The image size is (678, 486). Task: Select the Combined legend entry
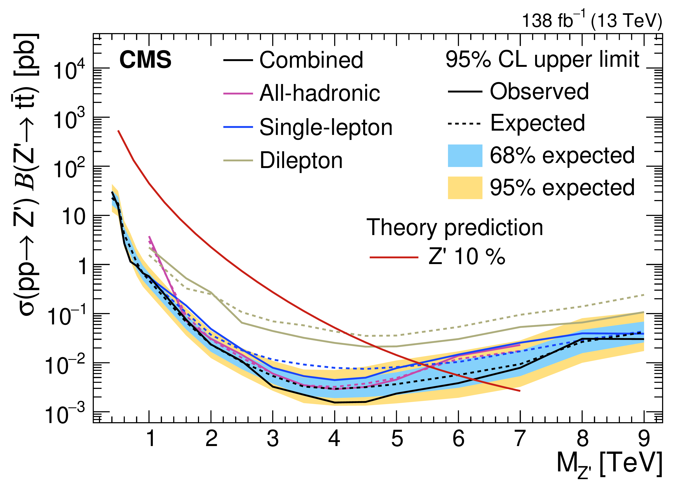[x=311, y=60]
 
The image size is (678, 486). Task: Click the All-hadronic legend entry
[x=319, y=93]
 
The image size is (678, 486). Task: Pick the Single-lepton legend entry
[x=326, y=127]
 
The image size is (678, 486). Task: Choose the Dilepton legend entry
[x=301, y=161]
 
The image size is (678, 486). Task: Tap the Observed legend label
[x=539, y=91]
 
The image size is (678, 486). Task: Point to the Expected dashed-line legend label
[x=537, y=123]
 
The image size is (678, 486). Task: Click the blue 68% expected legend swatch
[x=465, y=156]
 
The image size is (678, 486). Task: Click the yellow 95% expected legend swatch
[x=465, y=188]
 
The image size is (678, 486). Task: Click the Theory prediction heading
[x=454, y=228]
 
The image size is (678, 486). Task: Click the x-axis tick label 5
[x=397, y=439]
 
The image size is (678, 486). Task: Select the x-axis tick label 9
[x=644, y=439]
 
